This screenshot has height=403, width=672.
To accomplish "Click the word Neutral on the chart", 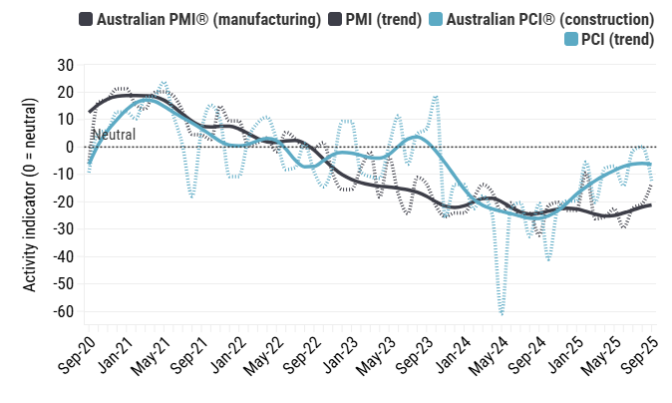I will click(114, 135).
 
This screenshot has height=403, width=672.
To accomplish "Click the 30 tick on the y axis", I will click(66, 65).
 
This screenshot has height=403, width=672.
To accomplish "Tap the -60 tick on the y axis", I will click(62, 311).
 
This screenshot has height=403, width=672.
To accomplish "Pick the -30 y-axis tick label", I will click(62, 229).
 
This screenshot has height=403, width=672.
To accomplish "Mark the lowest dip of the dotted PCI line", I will click(502, 315).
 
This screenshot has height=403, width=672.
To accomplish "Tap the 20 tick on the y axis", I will click(66, 92).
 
